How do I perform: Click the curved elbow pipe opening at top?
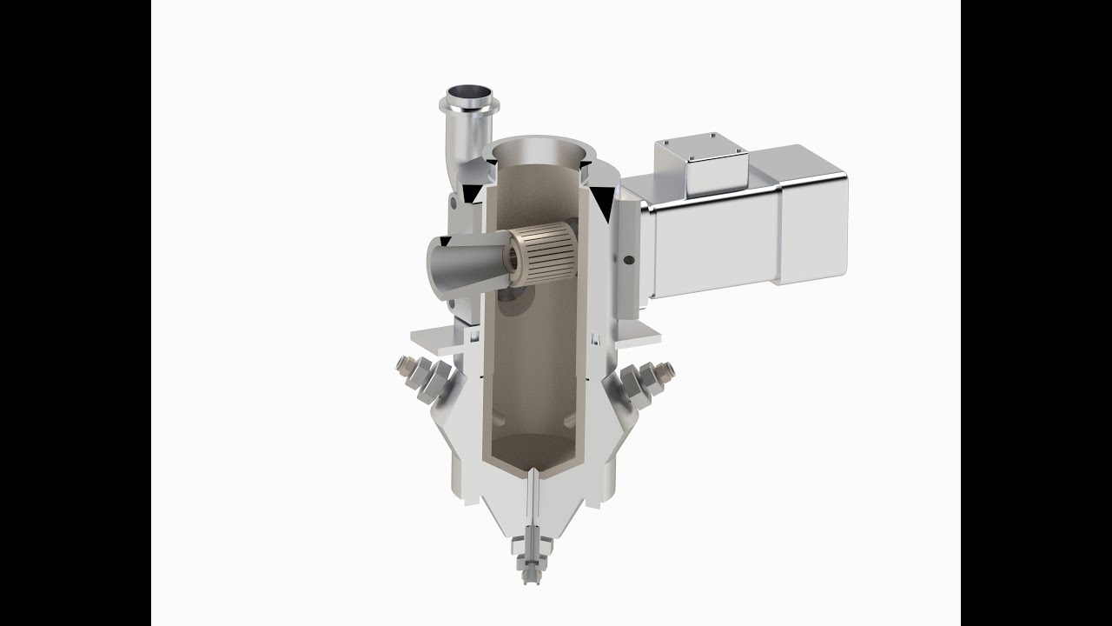(470, 92)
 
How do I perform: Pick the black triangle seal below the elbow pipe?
(471, 192)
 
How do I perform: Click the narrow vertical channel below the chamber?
(533, 504)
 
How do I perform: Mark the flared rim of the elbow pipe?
(470, 106)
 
